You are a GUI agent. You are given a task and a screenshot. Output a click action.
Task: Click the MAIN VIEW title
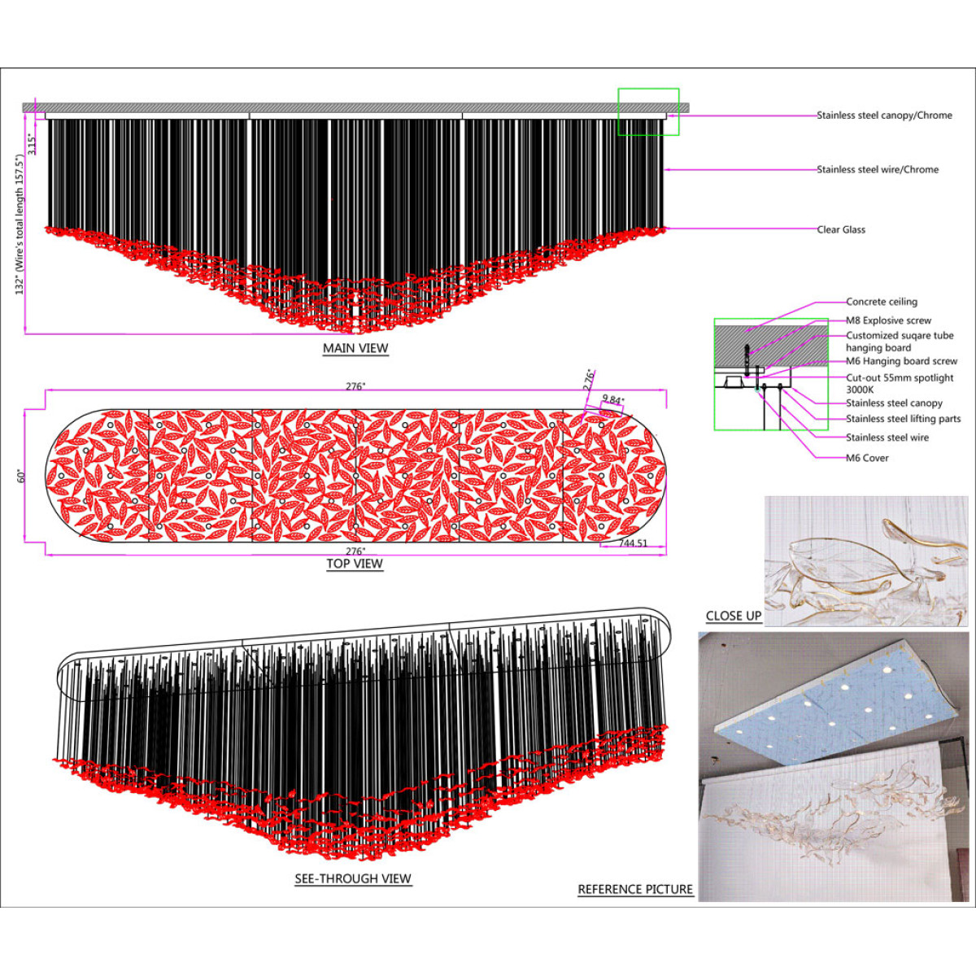tap(355, 348)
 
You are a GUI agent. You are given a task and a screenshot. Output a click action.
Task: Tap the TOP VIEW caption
tap(355, 564)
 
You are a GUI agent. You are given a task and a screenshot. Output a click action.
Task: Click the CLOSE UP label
tap(734, 616)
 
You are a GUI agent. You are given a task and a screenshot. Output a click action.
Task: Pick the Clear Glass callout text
tap(841, 229)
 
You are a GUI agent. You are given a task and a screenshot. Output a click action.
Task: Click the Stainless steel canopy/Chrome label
tap(884, 115)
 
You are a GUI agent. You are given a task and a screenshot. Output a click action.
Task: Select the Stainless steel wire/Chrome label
tap(878, 170)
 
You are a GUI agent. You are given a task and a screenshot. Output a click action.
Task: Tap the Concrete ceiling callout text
tap(882, 302)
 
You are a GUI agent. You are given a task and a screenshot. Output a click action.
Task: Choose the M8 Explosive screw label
tap(888, 320)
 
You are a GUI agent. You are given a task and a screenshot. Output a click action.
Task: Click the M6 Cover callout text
tap(867, 458)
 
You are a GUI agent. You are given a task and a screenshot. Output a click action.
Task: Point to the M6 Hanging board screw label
tap(901, 361)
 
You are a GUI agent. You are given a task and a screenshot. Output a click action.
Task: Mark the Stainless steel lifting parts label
tap(903, 419)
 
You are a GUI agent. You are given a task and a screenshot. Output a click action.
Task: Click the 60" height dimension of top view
tap(21, 476)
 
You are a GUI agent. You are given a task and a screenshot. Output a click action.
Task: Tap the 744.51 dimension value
tap(633, 543)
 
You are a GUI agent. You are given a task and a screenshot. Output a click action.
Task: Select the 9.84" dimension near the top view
tap(612, 400)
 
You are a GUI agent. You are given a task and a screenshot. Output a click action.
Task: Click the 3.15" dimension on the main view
tap(32, 144)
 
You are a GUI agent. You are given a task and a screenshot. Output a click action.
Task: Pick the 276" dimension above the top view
tap(355, 386)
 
